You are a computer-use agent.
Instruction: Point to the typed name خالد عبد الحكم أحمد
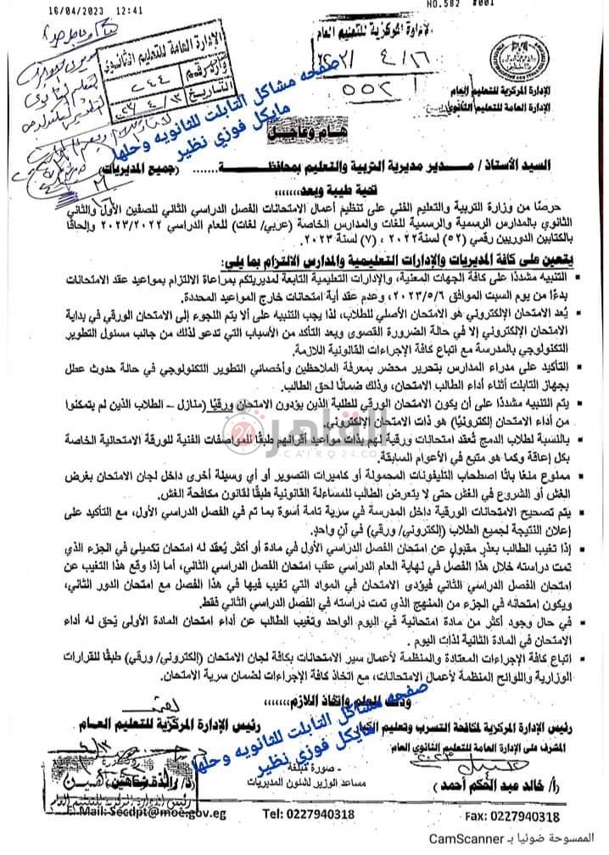point(501,788)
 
